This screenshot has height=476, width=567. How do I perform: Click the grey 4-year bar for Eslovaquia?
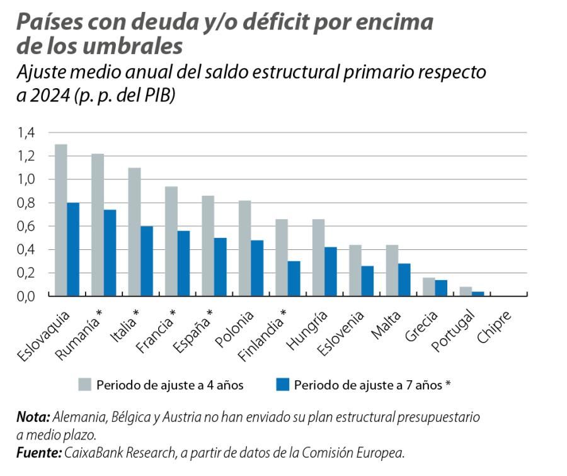tap(61, 220)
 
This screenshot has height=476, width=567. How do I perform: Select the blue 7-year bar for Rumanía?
tap(110, 253)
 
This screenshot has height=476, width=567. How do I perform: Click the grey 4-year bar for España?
tap(208, 246)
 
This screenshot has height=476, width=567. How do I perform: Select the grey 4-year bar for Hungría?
tap(318, 258)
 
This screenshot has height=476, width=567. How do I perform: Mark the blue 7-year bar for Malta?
tap(404, 280)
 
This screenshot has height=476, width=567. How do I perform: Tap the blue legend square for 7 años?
tap(283, 385)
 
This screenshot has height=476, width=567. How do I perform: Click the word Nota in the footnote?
tap(33, 417)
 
